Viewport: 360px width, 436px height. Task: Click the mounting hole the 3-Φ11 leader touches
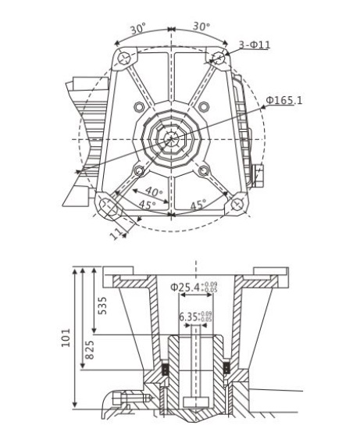point(218,58)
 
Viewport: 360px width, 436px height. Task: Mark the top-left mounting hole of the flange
point(122,59)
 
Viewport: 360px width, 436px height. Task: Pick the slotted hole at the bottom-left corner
point(109,206)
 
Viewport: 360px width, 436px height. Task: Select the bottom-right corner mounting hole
point(232,205)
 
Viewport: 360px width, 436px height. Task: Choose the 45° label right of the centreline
point(198,205)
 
